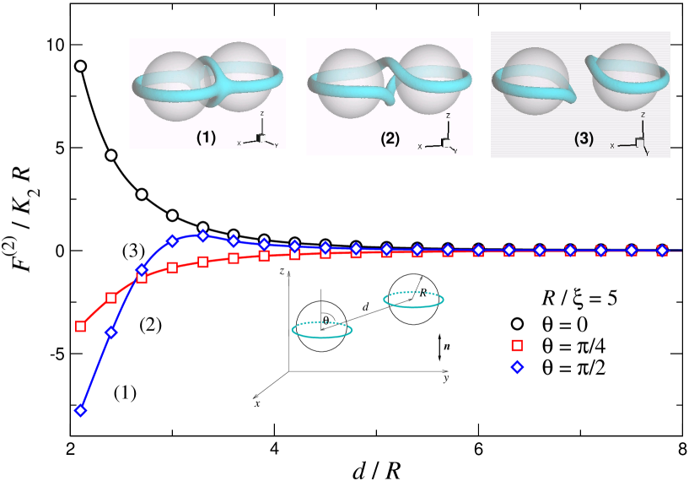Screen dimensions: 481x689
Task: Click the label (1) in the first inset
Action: tap(206, 137)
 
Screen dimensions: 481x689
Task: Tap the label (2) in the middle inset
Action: tap(389, 139)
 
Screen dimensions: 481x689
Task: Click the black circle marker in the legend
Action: tap(518, 323)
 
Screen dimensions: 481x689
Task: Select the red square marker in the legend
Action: tap(518, 344)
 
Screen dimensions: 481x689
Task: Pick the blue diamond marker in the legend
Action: tap(518, 366)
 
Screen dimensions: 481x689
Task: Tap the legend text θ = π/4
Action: tap(576, 344)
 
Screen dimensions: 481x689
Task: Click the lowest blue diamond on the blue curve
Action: tap(81, 411)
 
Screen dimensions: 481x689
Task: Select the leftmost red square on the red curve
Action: tap(81, 326)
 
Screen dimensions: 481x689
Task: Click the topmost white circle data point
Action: tap(81, 66)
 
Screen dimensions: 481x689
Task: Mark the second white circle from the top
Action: tap(110, 154)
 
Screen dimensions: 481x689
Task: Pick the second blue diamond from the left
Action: tap(110, 332)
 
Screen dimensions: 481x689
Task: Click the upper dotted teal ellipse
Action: tap(413, 299)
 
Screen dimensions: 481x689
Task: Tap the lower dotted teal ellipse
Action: tap(322, 330)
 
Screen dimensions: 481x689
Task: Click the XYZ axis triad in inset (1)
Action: tap(260, 137)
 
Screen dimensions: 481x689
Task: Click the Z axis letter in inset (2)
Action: tap(449, 116)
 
